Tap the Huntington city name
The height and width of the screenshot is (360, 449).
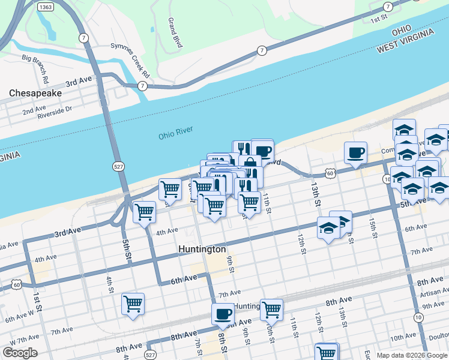click(202, 249)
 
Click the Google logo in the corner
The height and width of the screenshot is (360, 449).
click(20, 353)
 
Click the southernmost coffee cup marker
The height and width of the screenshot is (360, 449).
click(223, 313)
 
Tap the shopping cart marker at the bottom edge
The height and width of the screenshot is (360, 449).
click(327, 352)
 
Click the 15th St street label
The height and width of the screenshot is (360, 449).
click(373, 228)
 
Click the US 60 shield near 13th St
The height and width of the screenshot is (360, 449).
click(330, 173)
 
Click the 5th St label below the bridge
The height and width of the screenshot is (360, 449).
click(127, 248)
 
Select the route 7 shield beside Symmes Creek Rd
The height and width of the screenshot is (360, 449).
click(142, 86)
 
